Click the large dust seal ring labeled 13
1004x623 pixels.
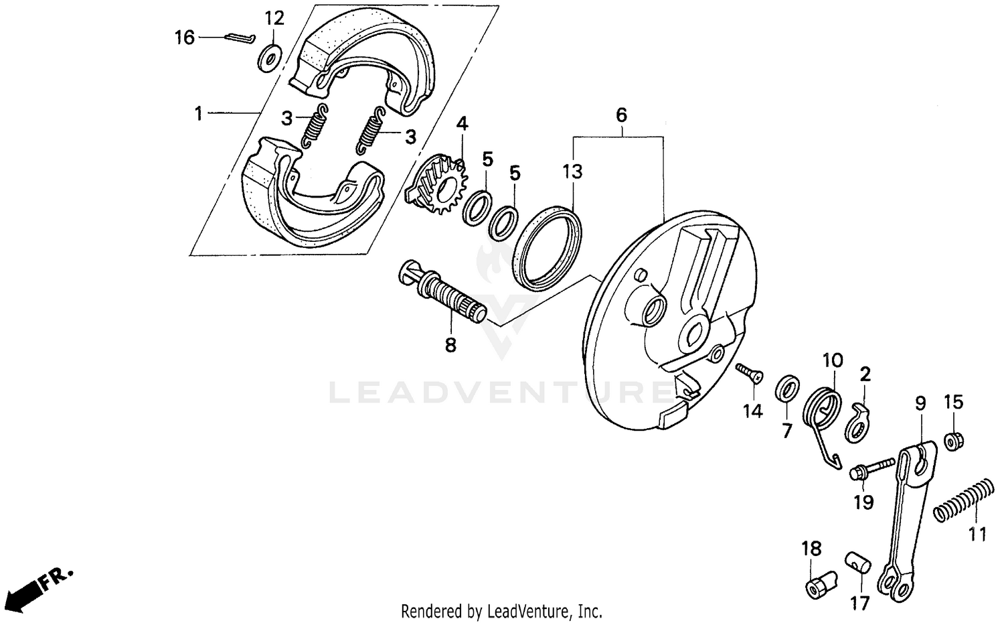(x=547, y=249)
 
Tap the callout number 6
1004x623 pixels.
(x=621, y=115)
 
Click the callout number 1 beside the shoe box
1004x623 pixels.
(x=198, y=114)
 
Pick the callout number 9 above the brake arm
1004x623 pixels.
(x=920, y=403)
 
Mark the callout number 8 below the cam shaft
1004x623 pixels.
(x=450, y=345)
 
